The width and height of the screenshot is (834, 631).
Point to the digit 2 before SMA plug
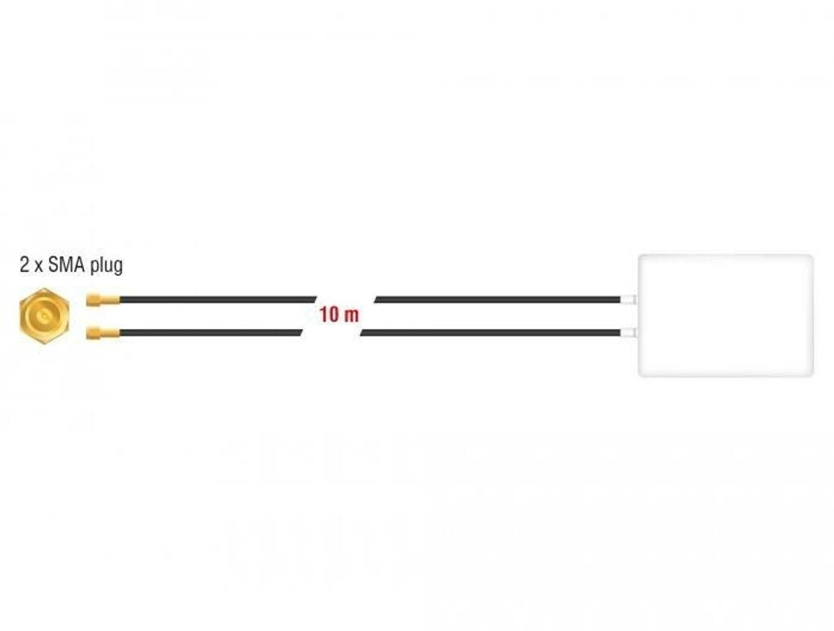click(24, 265)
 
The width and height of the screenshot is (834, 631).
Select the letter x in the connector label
click(37, 267)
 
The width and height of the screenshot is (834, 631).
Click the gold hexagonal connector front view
click(43, 316)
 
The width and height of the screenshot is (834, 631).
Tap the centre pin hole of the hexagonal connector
click(43, 316)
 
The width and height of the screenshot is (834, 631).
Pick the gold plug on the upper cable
click(103, 300)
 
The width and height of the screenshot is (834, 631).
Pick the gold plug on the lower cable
click(103, 332)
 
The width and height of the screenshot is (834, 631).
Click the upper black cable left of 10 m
click(212, 300)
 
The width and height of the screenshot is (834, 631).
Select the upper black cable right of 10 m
click(497, 300)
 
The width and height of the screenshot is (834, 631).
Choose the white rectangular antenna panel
click(725, 316)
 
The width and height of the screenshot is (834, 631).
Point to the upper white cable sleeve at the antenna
click(628, 300)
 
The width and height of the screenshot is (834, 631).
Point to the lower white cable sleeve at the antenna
click(628, 332)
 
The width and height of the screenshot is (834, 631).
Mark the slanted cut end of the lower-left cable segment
click(301, 332)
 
